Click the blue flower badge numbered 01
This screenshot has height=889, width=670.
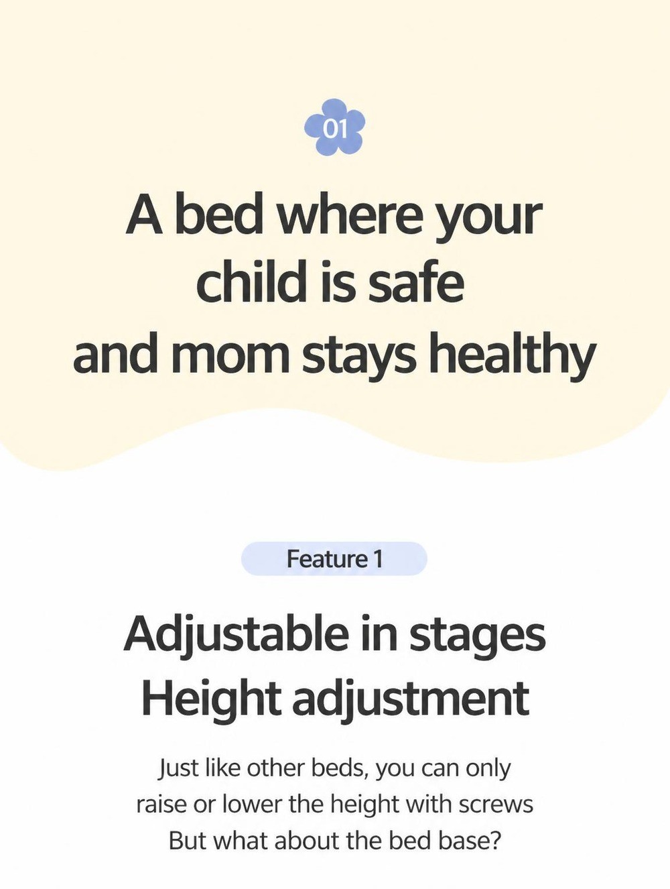pyautogui.click(x=334, y=127)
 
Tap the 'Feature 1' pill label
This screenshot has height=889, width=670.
pyautogui.click(x=334, y=558)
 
